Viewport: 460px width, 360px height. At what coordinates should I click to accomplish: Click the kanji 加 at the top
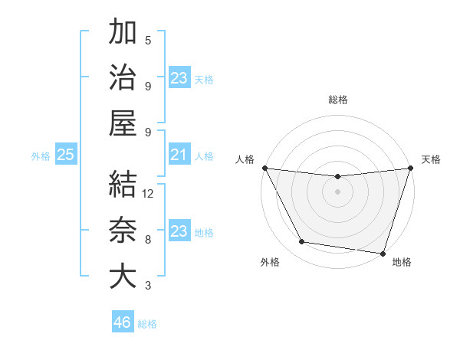123,32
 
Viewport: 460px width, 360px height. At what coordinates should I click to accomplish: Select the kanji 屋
123,123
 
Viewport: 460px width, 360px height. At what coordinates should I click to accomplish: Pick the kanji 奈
123,231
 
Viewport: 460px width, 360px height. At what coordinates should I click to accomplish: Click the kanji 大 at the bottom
123,276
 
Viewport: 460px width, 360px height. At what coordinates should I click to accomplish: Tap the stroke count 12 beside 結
148,194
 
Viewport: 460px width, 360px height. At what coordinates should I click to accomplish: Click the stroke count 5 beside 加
148,40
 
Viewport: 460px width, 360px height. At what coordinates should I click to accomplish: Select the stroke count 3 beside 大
148,286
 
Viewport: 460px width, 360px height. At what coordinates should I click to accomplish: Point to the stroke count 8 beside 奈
148,240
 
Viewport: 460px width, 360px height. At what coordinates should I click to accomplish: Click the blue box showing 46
123,322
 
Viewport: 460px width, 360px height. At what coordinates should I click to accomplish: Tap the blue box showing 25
65,155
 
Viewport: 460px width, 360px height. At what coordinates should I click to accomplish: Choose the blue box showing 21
179,155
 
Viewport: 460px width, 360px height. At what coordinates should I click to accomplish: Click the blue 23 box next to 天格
179,78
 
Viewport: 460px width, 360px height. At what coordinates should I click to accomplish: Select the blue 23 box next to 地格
179,231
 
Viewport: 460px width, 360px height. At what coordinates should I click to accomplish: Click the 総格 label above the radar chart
337,100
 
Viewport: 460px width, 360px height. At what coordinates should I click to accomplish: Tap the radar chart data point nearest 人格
264,168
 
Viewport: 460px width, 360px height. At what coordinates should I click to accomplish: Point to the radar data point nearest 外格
302,242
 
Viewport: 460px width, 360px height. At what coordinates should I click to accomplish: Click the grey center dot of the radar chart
337,191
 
